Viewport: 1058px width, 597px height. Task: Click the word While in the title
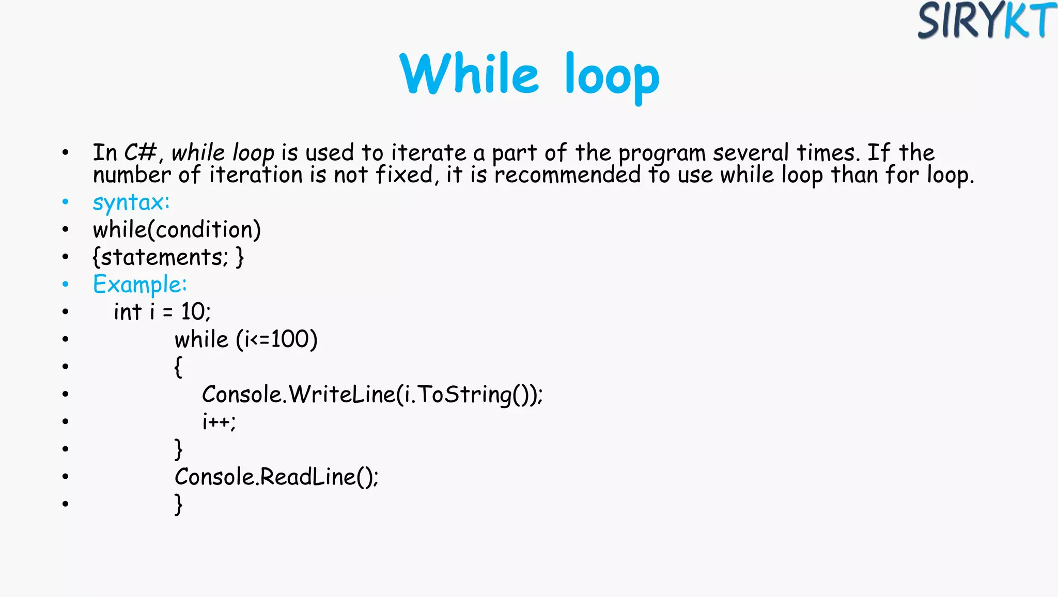[469, 74]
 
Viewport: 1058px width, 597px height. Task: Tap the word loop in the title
[612, 76]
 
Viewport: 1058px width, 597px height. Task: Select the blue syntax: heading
[131, 202]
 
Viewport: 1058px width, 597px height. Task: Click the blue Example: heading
[139, 285]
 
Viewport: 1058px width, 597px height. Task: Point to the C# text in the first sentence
[140, 153]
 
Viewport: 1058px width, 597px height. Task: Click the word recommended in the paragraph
[567, 175]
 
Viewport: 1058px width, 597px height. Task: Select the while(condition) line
[177, 230]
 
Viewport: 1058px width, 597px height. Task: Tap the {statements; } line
[168, 257]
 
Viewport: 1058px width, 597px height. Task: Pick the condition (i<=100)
[277, 340]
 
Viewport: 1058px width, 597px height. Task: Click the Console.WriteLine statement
[372, 395]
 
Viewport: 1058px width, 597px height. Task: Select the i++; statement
[219, 422]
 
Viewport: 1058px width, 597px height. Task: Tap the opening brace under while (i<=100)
[178, 367]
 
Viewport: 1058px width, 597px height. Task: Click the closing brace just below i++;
[178, 449]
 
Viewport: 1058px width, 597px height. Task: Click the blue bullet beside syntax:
[65, 202]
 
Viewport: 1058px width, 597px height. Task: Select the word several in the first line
[751, 153]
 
